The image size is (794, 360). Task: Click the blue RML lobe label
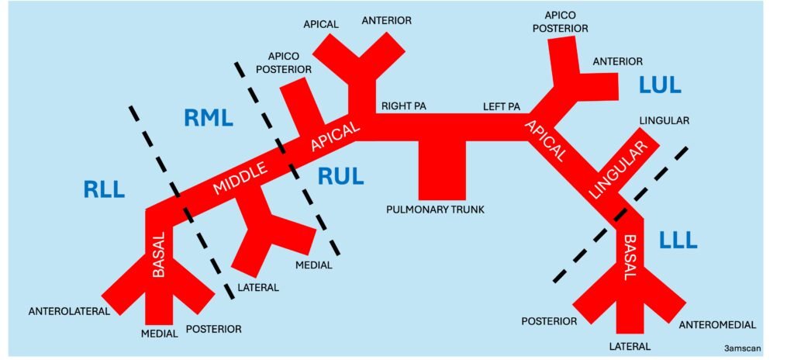click(209, 118)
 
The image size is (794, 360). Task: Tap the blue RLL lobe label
click(104, 189)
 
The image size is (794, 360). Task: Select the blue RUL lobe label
click(340, 177)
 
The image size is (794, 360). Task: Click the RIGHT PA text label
click(399, 106)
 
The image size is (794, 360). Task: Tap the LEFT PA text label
click(501, 106)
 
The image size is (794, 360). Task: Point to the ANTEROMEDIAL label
click(716, 324)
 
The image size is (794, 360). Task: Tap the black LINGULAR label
click(665, 121)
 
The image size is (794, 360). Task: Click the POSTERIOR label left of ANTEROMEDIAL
click(549, 320)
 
